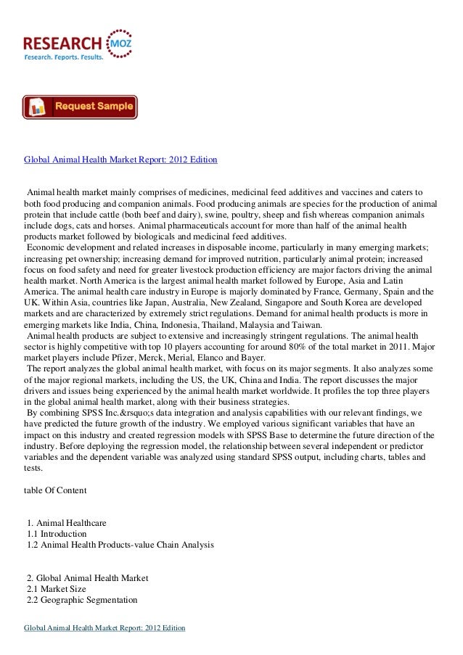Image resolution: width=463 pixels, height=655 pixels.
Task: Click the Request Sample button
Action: (x=80, y=107)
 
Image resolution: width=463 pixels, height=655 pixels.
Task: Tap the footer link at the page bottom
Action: (x=105, y=627)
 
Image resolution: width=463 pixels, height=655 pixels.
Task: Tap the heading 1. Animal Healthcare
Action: (x=66, y=522)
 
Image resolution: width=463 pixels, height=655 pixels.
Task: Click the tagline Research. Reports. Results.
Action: (x=64, y=56)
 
